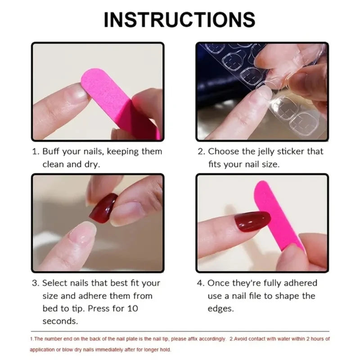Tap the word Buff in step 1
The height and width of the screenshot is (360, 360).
(x=52, y=152)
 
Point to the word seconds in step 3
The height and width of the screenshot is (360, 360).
(x=60, y=321)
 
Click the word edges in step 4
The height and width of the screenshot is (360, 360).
(x=221, y=309)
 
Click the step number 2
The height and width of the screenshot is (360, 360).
(x=200, y=152)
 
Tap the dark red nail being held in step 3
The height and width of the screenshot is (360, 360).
(x=103, y=207)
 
